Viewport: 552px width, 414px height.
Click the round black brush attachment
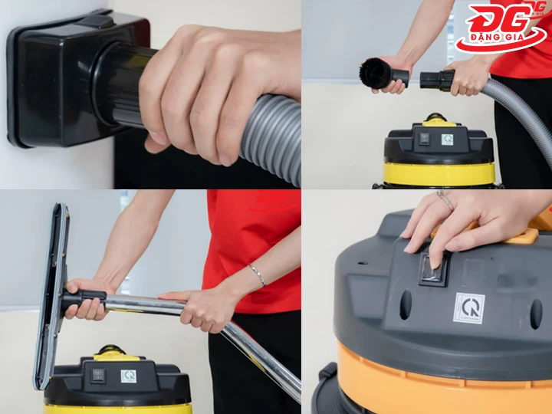point(376,73)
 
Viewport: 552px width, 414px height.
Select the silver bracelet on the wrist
point(257,274)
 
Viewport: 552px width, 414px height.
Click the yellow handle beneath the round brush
point(436,120)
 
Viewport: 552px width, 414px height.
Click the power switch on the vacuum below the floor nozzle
point(98,376)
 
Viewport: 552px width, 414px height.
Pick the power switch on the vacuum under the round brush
point(422,140)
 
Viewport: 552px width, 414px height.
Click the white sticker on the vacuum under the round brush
point(447,140)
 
